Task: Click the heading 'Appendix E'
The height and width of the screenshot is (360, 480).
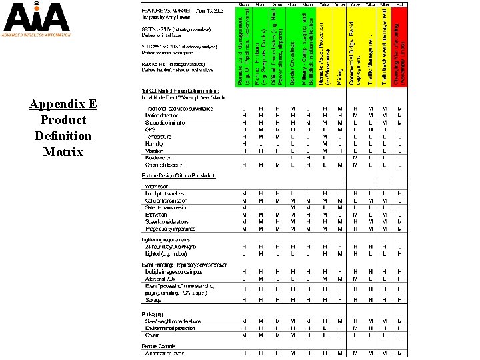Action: tap(63, 104)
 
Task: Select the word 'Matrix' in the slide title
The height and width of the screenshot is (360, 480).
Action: tap(63, 151)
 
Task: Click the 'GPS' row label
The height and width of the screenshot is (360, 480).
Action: tap(150, 129)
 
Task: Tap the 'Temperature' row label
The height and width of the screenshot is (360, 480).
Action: tap(158, 137)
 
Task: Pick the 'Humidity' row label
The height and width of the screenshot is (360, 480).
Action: tap(154, 143)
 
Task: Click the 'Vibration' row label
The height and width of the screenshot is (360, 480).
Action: tap(154, 151)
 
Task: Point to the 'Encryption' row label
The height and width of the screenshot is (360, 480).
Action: tap(156, 215)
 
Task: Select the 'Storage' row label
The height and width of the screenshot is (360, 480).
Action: tap(153, 299)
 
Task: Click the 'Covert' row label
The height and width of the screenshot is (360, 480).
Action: tap(152, 335)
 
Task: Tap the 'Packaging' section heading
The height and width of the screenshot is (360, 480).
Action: tap(152, 314)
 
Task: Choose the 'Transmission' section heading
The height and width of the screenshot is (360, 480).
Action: tap(156, 187)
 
